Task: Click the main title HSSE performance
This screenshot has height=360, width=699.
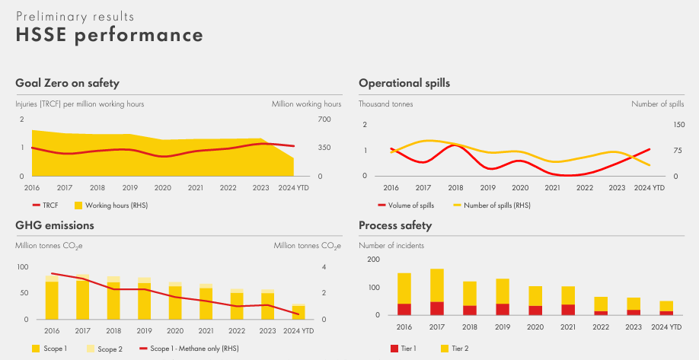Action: coord(110,35)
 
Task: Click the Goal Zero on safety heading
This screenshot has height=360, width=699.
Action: coord(67,83)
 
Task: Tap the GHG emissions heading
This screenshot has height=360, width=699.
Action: coord(55,225)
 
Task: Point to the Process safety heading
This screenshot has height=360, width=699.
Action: coord(395,225)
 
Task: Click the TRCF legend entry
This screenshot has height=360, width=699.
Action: coord(46,205)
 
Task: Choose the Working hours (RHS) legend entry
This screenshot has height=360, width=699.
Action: coord(105,205)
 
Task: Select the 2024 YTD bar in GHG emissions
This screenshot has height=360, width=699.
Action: coord(298,312)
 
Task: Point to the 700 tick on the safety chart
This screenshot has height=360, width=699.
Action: coord(324,119)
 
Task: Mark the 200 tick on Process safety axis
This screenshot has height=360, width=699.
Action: coord(373,260)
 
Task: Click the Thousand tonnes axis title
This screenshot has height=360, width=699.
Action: coord(385,104)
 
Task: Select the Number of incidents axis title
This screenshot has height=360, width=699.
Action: coord(391,245)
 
